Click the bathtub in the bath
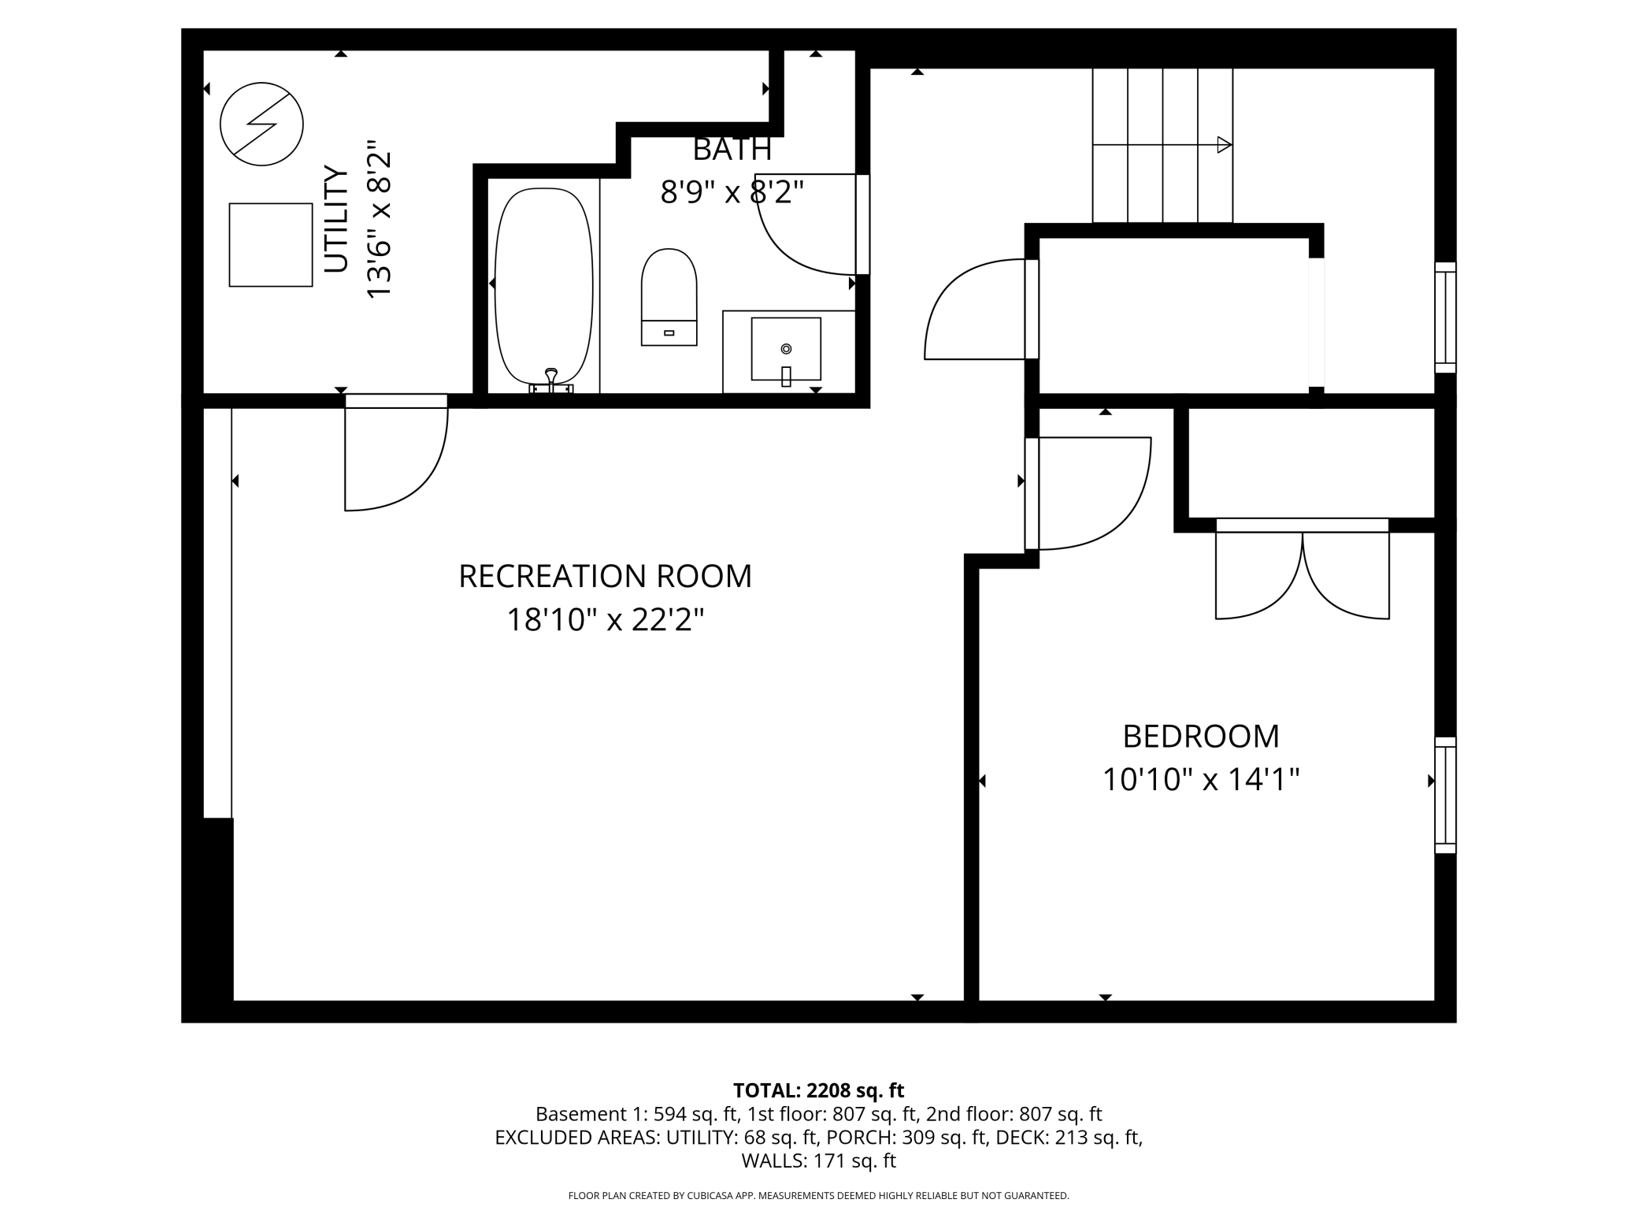point(543,287)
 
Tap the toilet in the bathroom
point(669,297)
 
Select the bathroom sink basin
point(786,349)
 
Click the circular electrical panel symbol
point(261,124)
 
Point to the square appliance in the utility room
point(271,245)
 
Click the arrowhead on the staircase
point(1225,145)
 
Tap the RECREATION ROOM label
point(605,576)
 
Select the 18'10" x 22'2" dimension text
point(604,620)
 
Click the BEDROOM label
point(1201,737)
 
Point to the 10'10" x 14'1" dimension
point(1201,780)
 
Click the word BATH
point(732,149)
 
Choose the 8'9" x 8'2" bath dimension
point(732,191)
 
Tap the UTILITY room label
point(336,219)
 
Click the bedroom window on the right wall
point(1445,795)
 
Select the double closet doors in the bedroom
point(1303,569)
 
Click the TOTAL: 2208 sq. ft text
point(819,1090)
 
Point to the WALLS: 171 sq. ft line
point(819,1160)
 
